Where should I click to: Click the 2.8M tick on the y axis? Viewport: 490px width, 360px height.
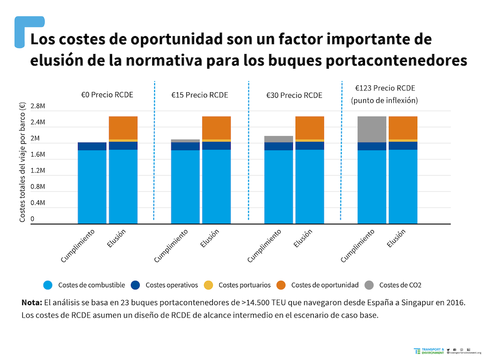[38, 107]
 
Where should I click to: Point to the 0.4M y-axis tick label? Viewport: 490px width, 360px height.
[38, 203]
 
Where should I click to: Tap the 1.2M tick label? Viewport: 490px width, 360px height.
[38, 171]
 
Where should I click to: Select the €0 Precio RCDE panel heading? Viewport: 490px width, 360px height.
[107, 95]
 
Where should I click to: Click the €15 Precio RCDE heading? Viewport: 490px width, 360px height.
[200, 95]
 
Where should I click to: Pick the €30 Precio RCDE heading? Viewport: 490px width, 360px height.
[294, 95]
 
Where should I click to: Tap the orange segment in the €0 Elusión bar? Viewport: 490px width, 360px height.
[123, 128]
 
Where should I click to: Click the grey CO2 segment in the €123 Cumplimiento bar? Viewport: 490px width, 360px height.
[372, 129]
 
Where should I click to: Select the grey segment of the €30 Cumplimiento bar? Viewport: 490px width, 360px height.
[279, 139]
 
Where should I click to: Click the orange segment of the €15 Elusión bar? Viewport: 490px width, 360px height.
[216, 128]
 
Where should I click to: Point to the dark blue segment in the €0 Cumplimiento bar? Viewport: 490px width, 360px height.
[92, 146]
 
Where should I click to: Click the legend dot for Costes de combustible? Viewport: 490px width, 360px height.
[47, 285]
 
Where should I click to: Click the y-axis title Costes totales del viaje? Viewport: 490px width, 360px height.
[23, 165]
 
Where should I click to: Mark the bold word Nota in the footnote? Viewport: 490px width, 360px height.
[32, 302]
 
